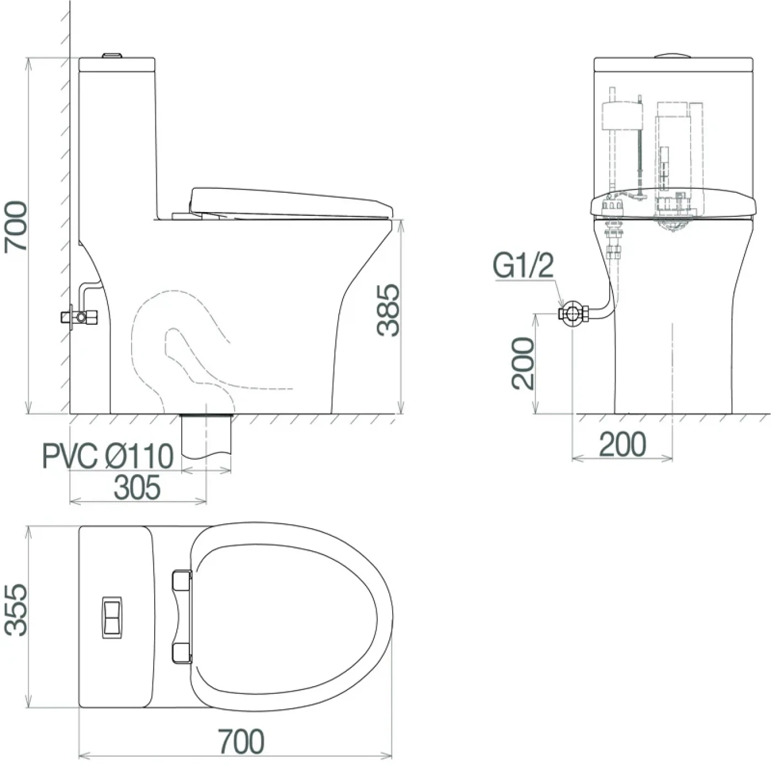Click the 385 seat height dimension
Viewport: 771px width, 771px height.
tap(388, 311)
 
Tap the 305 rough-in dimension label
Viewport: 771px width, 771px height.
tap(137, 488)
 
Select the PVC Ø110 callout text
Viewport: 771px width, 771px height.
tap(107, 457)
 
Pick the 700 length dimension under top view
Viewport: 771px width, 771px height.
tap(242, 741)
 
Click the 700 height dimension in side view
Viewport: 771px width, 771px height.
tap(15, 227)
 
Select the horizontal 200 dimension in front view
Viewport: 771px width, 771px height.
tap(622, 444)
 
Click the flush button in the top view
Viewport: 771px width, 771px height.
tap(112, 617)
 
